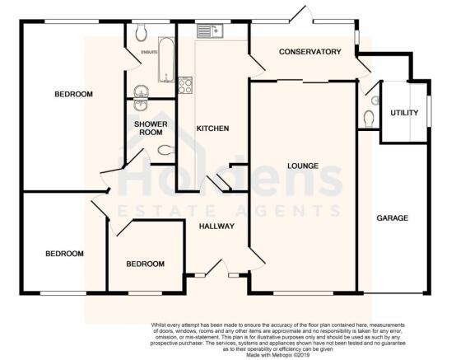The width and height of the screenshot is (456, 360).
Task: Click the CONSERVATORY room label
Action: pos(309,52)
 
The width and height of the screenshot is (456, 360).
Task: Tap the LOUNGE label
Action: pos(303,166)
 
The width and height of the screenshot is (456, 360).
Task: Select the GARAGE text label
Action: pos(393,218)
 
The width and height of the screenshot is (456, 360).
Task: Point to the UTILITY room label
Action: pos(404,113)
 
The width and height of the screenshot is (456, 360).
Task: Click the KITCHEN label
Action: pos(212,129)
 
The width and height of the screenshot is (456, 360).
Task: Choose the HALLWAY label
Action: pos(216,226)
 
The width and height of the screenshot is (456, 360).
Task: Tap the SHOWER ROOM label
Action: pos(151,129)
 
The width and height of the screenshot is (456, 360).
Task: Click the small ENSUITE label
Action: pos(149,53)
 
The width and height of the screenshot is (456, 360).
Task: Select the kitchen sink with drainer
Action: pos(210,31)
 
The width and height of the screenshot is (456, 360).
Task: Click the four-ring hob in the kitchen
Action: pos(185,86)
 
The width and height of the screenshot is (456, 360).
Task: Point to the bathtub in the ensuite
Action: pos(166,59)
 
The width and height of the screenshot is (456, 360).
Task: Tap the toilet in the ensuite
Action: pos(141,32)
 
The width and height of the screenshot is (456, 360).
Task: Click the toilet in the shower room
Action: pos(166,151)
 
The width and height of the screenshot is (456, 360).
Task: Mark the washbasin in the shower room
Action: pos(141,105)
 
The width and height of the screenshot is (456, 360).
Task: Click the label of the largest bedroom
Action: pos(73,94)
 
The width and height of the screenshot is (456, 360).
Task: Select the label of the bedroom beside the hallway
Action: pos(145,264)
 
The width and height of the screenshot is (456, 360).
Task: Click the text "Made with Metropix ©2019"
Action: pos(278,355)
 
